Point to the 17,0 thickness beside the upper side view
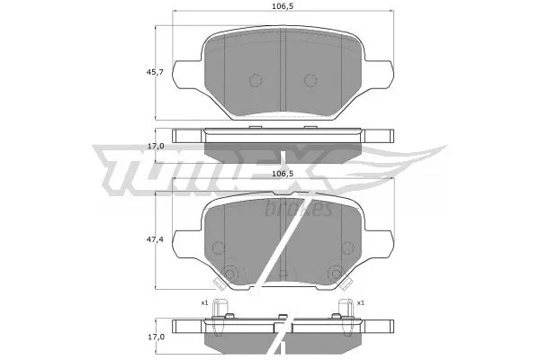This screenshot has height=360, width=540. coord(156,145)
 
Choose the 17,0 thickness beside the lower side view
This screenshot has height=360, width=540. coord(156,336)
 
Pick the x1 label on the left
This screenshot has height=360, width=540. coord(204,302)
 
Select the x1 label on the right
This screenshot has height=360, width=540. coord(360,302)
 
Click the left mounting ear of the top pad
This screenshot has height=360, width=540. coord(184,75)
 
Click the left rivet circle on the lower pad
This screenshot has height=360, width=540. coord(230,274)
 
